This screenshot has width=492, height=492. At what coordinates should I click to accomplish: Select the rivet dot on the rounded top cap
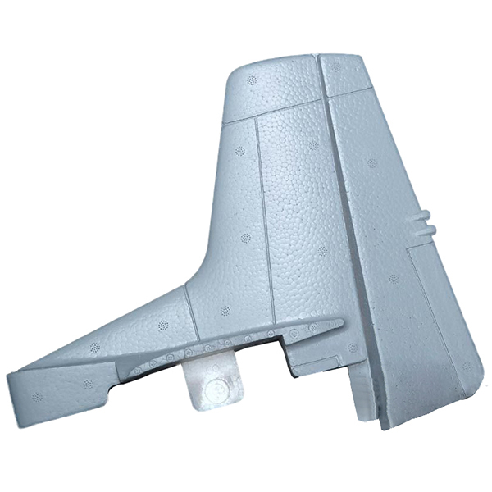click(252, 80)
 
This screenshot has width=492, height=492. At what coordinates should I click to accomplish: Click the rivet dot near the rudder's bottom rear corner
click(467, 367)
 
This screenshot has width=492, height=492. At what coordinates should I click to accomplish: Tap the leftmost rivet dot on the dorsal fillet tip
click(37, 397)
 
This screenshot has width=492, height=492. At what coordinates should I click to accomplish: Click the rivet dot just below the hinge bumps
click(394, 279)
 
